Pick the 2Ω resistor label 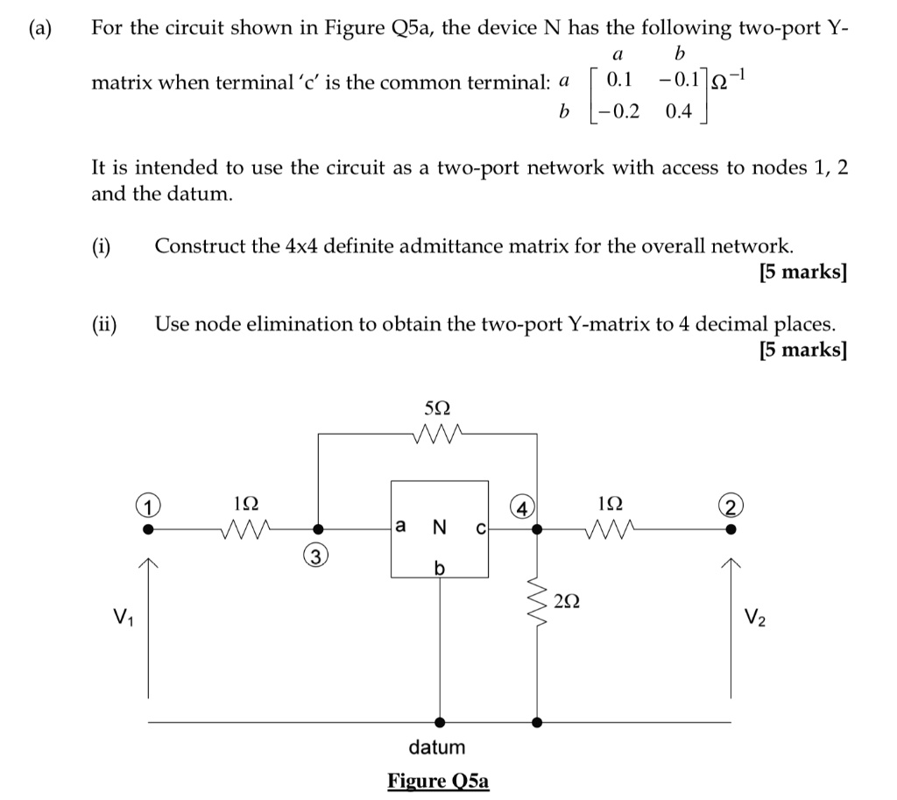(x=567, y=602)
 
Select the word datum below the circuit (x=437, y=747)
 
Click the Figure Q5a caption (x=438, y=781)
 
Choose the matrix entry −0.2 (x=621, y=111)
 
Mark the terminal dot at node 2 (x=730, y=529)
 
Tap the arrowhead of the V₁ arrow (x=149, y=566)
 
